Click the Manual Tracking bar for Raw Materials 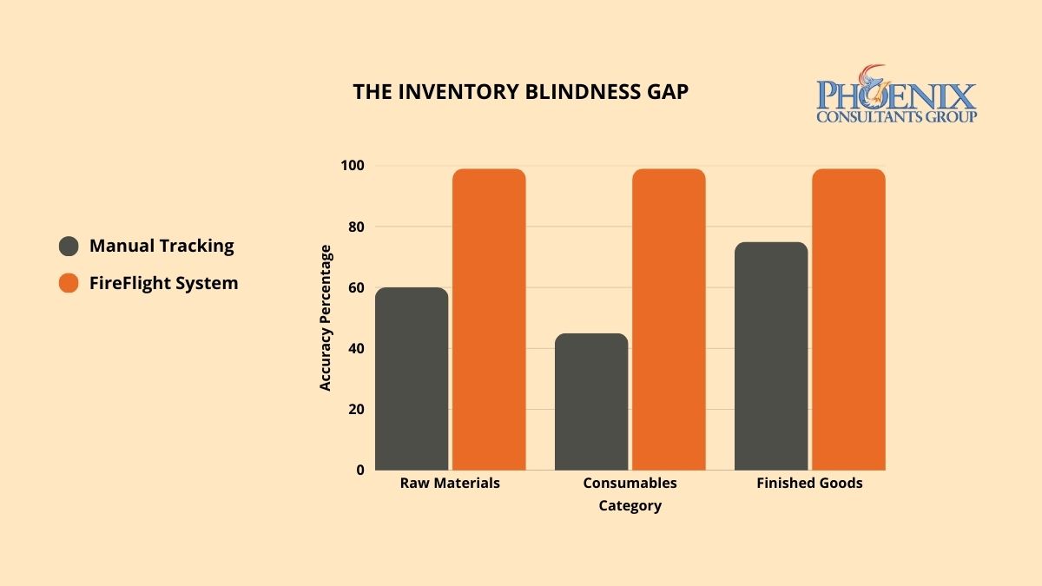tap(412, 379)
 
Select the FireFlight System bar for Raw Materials tap(489, 319)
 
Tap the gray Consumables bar tap(591, 401)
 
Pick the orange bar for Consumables tap(669, 319)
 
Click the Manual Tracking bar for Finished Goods tap(771, 356)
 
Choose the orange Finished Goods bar tap(848, 319)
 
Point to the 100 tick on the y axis tap(353, 166)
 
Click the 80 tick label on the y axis tap(356, 227)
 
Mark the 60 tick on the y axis tap(356, 287)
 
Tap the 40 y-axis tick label tap(356, 348)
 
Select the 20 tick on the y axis tap(356, 409)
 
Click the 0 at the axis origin tap(359, 470)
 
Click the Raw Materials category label tap(450, 483)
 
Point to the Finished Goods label tap(809, 483)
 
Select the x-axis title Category tap(630, 505)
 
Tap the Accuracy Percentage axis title tap(326, 318)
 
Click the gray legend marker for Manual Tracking tap(69, 246)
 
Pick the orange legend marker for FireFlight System tap(69, 283)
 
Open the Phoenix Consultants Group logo tap(896, 95)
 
